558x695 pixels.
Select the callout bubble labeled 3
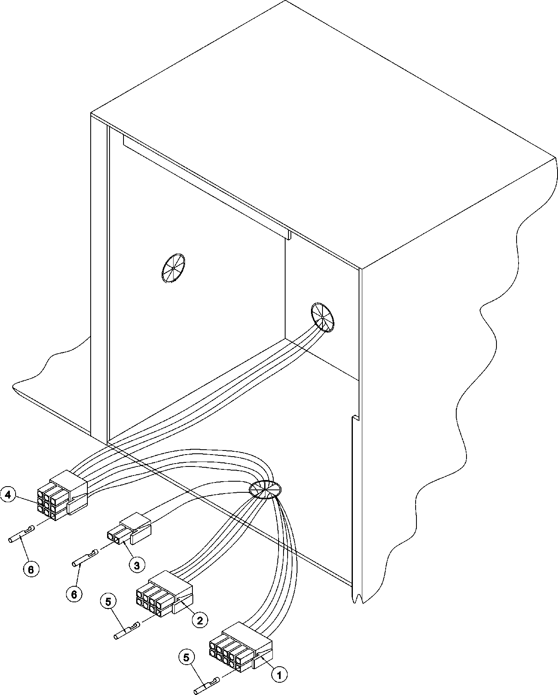[137, 565]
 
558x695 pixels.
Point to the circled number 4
[9, 495]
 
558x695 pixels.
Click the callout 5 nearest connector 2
[108, 601]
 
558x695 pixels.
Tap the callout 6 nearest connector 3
[74, 593]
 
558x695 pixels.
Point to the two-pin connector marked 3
[129, 531]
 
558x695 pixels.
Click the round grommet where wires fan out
[265, 489]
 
